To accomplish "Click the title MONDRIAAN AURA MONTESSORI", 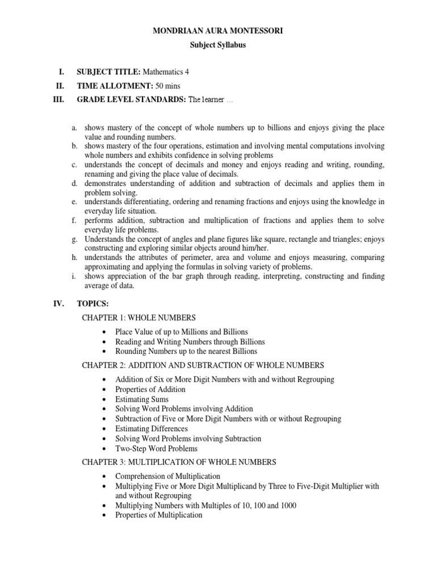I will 218,31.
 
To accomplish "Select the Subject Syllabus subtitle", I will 218,45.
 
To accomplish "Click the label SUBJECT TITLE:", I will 108,72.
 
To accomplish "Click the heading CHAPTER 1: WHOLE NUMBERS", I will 139,318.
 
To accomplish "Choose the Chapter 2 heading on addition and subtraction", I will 203,365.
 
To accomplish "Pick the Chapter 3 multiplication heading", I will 179,462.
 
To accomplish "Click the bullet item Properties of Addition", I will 150,389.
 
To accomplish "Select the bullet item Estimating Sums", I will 141,399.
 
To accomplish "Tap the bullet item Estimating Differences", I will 151,428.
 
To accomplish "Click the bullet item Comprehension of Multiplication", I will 167,476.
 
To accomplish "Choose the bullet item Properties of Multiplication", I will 158,515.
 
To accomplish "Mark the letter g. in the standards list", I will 74,240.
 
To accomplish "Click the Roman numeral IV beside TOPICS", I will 58,304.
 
